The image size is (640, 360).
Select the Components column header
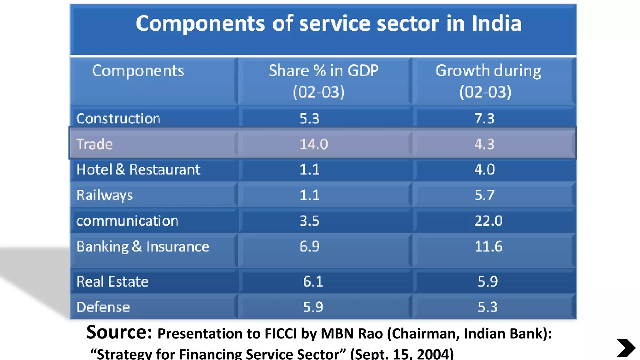click(x=138, y=71)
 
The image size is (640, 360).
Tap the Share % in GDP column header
click(x=323, y=81)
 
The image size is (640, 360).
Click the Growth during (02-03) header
click(x=488, y=81)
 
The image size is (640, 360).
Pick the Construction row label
click(x=118, y=119)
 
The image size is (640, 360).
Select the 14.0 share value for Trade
click(x=313, y=144)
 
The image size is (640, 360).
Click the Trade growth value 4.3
click(x=484, y=144)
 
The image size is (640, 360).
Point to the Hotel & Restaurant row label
click(x=138, y=170)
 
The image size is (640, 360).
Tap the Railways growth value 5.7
click(x=484, y=195)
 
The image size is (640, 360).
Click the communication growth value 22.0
click(x=488, y=221)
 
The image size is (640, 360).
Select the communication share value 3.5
click(x=309, y=221)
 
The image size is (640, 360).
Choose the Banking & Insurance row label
click(x=143, y=247)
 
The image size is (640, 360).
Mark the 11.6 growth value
click(x=488, y=247)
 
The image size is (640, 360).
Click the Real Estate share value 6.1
click(x=313, y=282)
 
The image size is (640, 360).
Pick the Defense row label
click(x=103, y=307)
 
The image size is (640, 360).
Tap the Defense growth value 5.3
click(x=487, y=307)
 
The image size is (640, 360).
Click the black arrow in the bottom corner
click(x=626, y=347)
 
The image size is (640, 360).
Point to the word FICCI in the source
click(x=280, y=334)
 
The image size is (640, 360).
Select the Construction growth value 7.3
click(x=484, y=119)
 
